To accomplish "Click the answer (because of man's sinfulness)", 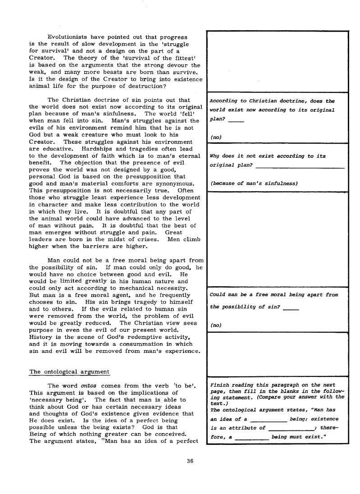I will pyautogui.click(x=255, y=183).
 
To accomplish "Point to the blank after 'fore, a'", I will pyautogui.click(x=252, y=438).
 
